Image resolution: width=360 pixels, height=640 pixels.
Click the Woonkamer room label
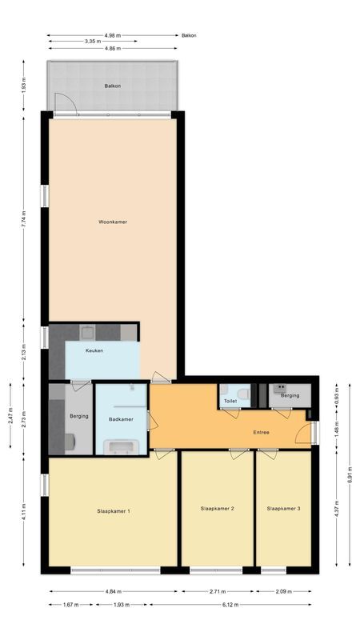pyautogui.click(x=113, y=222)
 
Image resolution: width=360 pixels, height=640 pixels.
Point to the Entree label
pyautogui.click(x=261, y=433)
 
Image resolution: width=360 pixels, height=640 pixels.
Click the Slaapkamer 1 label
pyautogui.click(x=114, y=510)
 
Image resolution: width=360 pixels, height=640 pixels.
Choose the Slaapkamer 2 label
pyautogui.click(x=217, y=508)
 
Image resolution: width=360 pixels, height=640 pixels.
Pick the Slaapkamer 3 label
pyautogui.click(x=284, y=508)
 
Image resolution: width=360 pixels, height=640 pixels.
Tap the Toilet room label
pyautogui.click(x=230, y=401)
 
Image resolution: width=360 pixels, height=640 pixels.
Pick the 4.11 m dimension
pyautogui.click(x=24, y=513)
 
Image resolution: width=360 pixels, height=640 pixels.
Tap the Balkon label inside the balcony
pyautogui.click(x=113, y=86)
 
